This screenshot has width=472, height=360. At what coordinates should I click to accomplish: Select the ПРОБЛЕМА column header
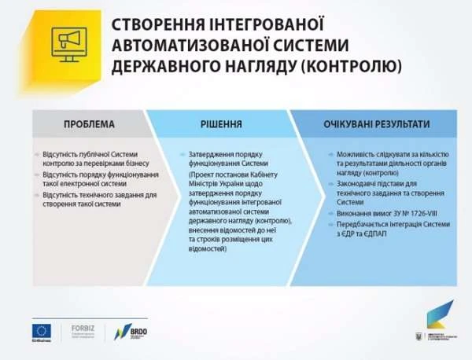[89, 125]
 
